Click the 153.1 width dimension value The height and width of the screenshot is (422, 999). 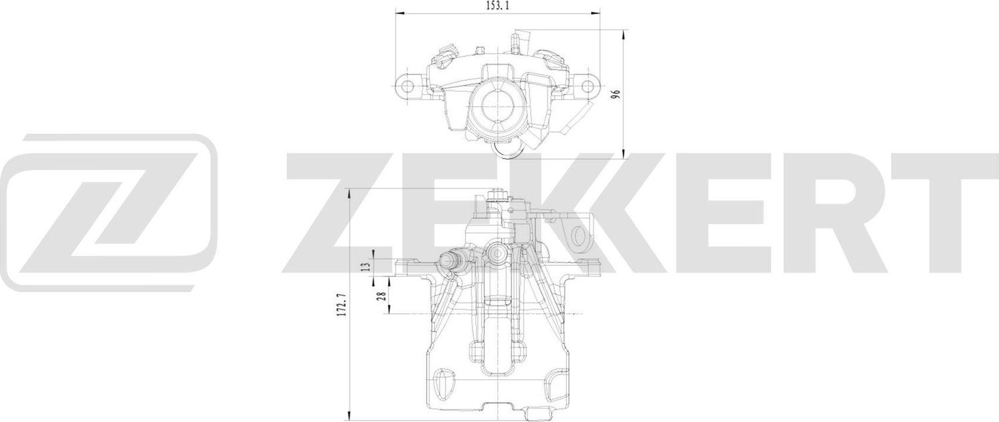[498, 5]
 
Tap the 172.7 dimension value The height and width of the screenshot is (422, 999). [343, 305]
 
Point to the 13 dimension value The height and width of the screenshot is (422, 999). [364, 266]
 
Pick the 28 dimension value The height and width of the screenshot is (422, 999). [382, 295]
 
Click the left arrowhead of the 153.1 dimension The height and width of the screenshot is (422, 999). [398, 13]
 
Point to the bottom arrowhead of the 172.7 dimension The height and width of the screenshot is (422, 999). [351, 417]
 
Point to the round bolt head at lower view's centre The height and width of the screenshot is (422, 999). [496, 253]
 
